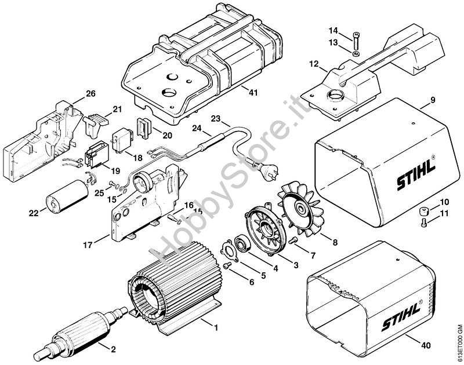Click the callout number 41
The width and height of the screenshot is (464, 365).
[x=253, y=93]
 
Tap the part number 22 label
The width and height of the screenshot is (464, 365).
[x=34, y=213]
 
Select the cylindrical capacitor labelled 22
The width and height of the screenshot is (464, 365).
[x=67, y=196]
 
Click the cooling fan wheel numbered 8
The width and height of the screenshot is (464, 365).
[x=300, y=210]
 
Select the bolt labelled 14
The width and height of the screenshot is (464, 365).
[x=356, y=41]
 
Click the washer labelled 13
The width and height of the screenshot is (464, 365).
[x=356, y=54]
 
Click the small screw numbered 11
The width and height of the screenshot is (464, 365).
[x=424, y=223]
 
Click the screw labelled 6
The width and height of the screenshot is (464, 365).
[x=227, y=266]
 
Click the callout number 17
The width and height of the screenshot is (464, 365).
[x=88, y=245]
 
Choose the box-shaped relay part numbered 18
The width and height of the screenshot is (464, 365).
[x=122, y=141]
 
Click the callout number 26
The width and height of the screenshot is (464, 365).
[x=91, y=94]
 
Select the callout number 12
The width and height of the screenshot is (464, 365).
[x=314, y=64]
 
